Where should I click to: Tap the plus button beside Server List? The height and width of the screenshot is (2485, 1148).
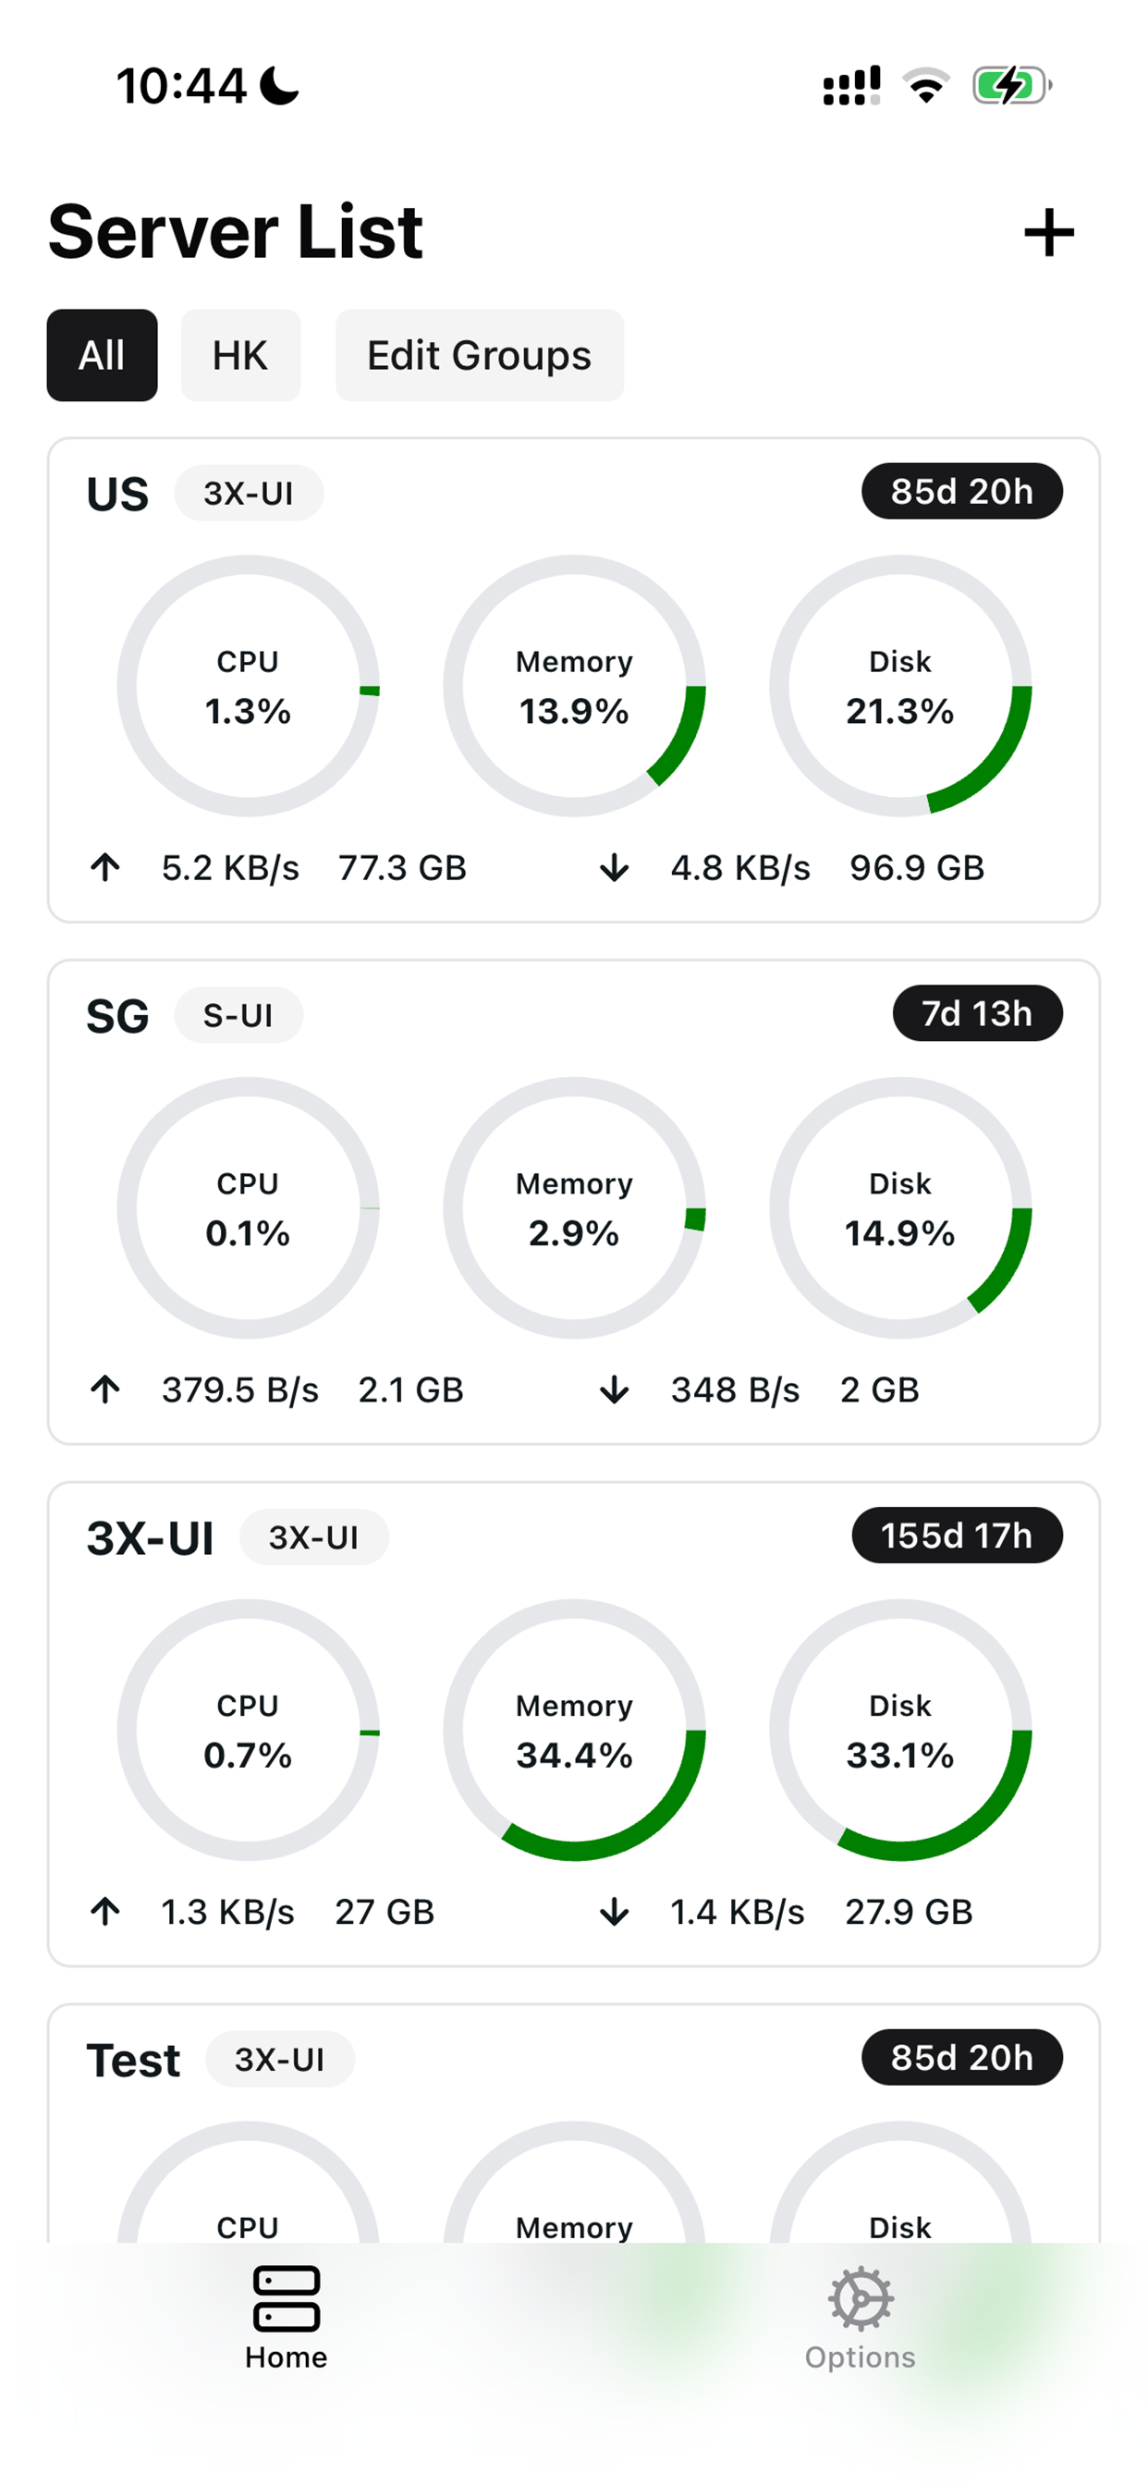[1047, 232]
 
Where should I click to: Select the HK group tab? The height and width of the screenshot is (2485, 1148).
[240, 355]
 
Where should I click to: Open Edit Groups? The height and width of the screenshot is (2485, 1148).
[479, 355]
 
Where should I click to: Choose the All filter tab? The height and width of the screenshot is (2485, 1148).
[102, 355]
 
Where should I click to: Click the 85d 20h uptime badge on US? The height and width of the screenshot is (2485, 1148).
[961, 492]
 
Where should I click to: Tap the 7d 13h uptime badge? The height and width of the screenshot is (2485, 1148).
[976, 1014]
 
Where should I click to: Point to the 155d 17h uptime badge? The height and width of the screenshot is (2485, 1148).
[956, 1536]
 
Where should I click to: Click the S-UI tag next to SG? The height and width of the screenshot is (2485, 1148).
[238, 1016]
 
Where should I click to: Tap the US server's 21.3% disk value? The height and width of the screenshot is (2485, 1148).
[899, 712]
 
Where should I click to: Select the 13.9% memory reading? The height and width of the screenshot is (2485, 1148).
[574, 712]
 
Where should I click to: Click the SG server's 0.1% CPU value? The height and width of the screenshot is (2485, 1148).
[248, 1234]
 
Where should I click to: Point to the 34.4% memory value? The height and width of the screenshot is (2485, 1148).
[574, 1756]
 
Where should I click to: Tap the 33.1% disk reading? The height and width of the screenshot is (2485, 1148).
[899, 1756]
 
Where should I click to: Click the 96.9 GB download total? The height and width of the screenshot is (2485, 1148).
[917, 868]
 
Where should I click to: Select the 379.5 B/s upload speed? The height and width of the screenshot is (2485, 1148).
[240, 1390]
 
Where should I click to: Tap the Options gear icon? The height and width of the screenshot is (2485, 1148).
[860, 2300]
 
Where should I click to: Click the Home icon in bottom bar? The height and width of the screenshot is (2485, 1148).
[286, 2300]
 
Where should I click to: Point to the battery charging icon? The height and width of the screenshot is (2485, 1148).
[1010, 86]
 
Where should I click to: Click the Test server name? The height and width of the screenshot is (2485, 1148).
[133, 2061]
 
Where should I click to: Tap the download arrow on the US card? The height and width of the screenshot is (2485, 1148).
[614, 868]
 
